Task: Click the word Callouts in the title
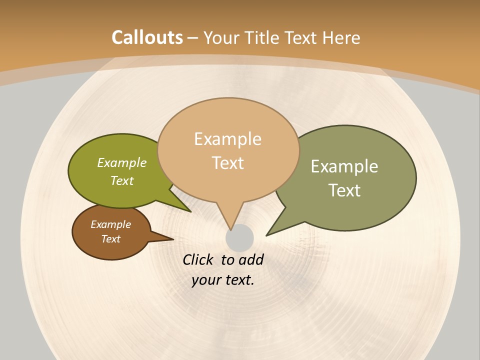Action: click(x=147, y=37)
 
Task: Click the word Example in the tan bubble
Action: click(x=227, y=138)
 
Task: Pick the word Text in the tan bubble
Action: click(x=227, y=163)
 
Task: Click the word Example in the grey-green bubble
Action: click(x=344, y=166)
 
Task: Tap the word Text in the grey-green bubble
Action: click(x=344, y=190)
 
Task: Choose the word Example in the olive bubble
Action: click(x=122, y=162)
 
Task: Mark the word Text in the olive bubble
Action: click(x=122, y=180)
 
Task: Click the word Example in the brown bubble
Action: click(x=110, y=224)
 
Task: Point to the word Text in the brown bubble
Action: click(x=110, y=239)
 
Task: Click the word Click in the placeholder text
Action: click(x=198, y=259)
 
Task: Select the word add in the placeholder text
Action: click(x=251, y=259)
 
